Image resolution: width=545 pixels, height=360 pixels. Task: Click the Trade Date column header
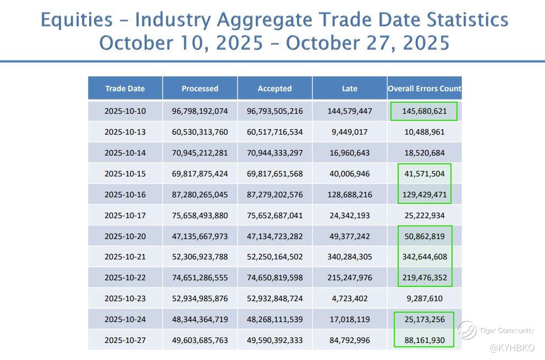point(125,88)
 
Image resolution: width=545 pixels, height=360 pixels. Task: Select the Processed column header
point(200,88)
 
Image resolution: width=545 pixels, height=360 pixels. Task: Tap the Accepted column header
point(274,88)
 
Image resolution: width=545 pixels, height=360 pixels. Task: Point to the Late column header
point(349,88)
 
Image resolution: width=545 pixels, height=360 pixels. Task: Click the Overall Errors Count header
point(425,88)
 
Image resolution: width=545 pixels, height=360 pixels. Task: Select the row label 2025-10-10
point(125,111)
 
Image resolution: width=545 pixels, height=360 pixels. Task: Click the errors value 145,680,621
point(424,111)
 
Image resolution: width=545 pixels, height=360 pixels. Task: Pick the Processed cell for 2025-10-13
point(200,132)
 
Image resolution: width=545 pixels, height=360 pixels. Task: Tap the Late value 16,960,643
point(349,153)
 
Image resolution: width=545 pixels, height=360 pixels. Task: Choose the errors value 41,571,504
point(424,174)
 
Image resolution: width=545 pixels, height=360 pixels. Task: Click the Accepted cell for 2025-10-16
point(275,195)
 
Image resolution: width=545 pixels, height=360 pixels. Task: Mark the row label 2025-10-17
point(125,215)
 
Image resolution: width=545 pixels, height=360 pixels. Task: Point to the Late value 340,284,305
point(349,257)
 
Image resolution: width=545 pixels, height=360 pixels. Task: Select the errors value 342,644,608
point(424,257)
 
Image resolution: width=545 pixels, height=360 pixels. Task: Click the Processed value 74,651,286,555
point(200,278)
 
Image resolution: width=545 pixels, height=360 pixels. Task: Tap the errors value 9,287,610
point(424,298)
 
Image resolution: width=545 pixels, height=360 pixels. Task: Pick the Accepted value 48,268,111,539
point(275,319)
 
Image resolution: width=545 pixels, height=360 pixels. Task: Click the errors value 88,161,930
point(424,340)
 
